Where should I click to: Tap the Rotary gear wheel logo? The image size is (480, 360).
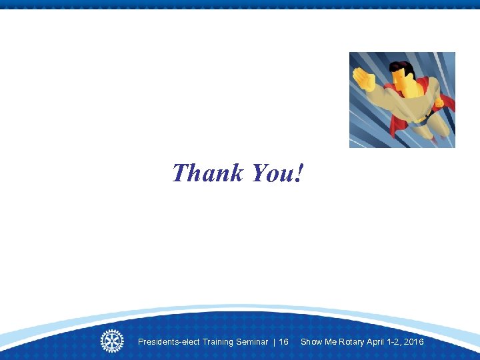point(112,341)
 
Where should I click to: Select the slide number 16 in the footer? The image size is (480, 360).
point(283,342)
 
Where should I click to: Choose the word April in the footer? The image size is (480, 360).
point(377,342)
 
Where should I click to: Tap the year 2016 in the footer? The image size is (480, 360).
point(413,342)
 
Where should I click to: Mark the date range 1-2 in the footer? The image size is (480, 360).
point(395,342)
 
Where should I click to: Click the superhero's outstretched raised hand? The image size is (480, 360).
point(365,79)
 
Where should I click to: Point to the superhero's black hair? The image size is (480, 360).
point(403,67)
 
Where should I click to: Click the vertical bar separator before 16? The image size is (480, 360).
point(274,342)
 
